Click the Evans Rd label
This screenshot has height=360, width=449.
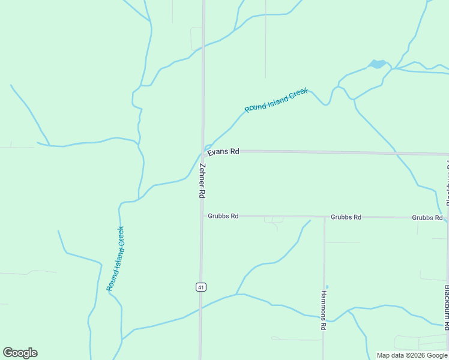pos(223,152)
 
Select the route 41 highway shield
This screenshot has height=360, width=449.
pos(200,287)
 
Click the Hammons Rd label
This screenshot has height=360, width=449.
pos(323,310)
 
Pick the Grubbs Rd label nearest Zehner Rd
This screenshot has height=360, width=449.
pos(223,216)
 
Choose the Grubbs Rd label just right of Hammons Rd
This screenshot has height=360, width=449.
pos(346,217)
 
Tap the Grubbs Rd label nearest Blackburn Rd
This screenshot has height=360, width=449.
pos(427,217)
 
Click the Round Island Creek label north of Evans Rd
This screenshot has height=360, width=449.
pos(276,100)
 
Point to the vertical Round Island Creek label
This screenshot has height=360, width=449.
pos(115,258)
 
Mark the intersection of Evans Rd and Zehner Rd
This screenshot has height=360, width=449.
pos(203,151)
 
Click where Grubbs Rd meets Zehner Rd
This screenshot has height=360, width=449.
pos(202,216)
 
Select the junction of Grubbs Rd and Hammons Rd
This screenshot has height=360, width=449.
pos(324,217)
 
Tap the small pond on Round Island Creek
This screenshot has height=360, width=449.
pos(378,64)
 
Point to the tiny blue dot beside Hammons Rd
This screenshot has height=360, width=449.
pos(327,286)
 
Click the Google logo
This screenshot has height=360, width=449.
pos(20,353)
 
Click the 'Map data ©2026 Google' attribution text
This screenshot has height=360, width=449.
pos(412,355)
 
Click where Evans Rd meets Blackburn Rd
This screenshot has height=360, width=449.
pos(447,154)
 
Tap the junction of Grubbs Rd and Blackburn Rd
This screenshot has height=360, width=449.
pos(447,217)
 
